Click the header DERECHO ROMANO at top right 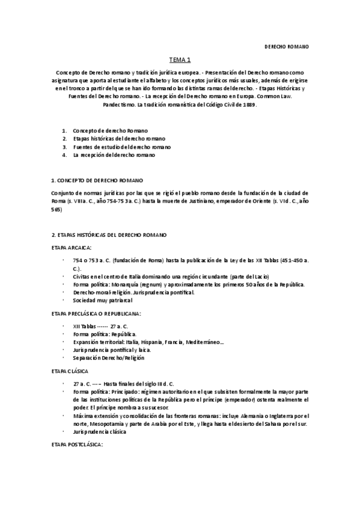(x=287, y=46)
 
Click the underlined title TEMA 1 (x=180, y=60)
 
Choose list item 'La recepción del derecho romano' (x=114, y=155)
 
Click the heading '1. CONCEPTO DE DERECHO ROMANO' (x=97, y=180)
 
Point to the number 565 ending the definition (x=56, y=210)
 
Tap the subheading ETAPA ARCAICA (x=72, y=247)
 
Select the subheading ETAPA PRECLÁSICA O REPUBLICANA (x=96, y=313)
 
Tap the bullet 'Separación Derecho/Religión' (x=108, y=357)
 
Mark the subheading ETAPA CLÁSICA (x=70, y=372)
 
